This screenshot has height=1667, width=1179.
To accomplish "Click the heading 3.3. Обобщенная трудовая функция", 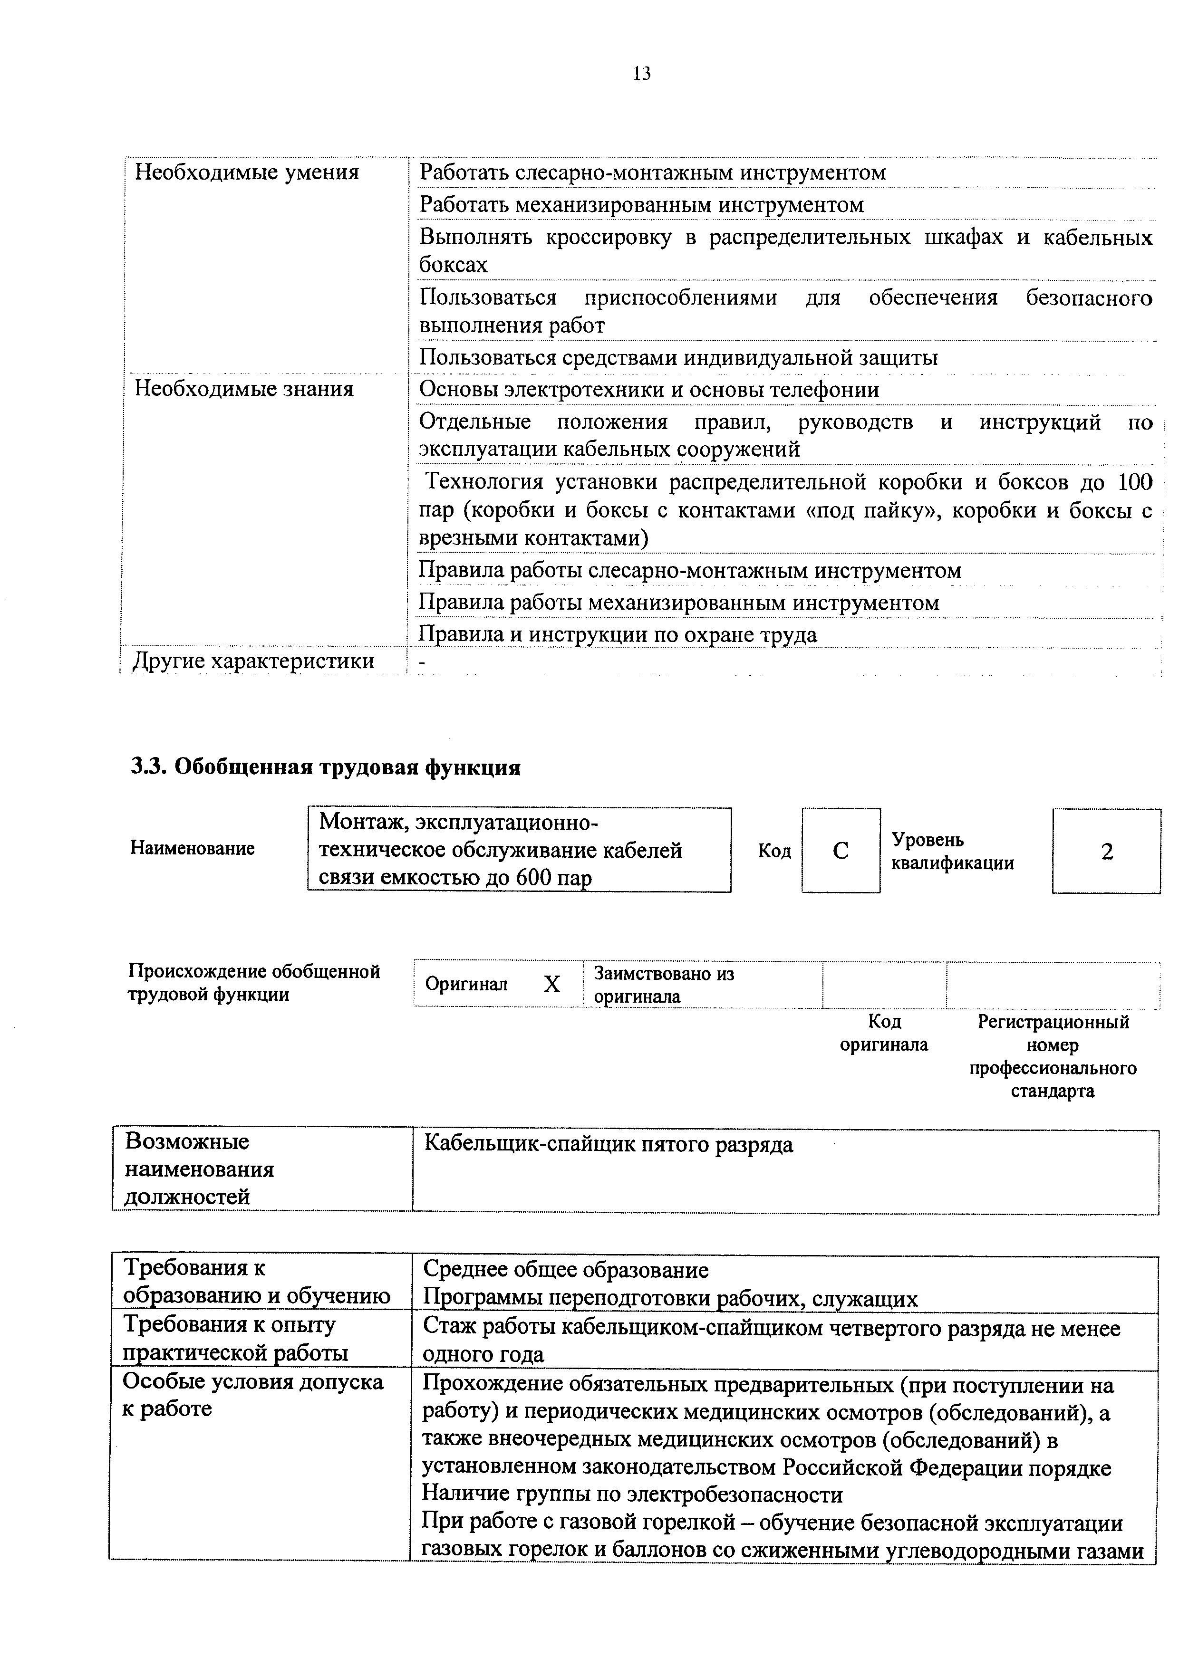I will click(x=326, y=767).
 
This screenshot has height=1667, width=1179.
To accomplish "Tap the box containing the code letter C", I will click(x=841, y=850).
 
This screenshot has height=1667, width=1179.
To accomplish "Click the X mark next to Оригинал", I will click(x=552, y=985).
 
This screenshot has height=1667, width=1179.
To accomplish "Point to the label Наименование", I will click(x=193, y=848).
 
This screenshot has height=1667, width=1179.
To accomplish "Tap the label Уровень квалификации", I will click(x=952, y=851).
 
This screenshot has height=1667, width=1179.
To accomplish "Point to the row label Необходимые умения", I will click(x=247, y=173).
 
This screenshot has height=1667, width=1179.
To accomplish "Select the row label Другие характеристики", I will click(x=253, y=661).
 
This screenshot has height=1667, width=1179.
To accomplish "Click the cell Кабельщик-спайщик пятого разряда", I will click(x=609, y=1144).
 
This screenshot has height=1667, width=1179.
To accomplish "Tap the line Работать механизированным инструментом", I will click(x=641, y=205).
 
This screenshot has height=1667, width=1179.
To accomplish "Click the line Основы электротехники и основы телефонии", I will click(x=649, y=390).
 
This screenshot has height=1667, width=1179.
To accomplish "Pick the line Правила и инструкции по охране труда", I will click(x=618, y=634).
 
